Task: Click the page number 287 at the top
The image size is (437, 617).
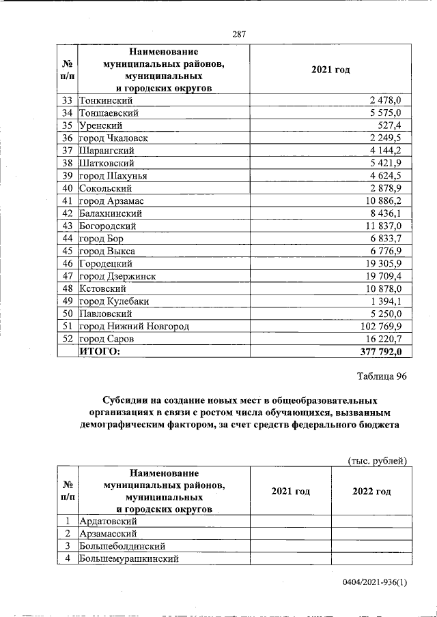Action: pyautogui.click(x=238, y=35)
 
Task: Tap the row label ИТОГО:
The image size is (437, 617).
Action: pyautogui.click(x=100, y=351)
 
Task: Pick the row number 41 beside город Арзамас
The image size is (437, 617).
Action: pyautogui.click(x=67, y=201)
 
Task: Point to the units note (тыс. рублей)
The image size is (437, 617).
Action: pyautogui.click(x=378, y=460)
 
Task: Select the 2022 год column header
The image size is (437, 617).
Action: pyautogui.click(x=371, y=492)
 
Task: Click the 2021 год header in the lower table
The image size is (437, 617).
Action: pyautogui.click(x=290, y=492)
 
